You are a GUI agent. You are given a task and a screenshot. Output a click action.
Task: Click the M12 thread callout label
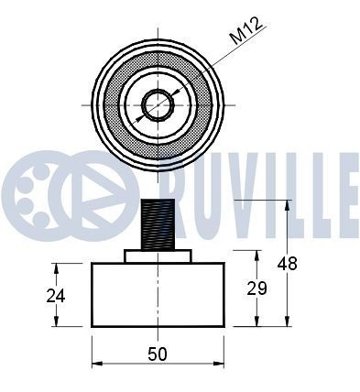pos(246,30)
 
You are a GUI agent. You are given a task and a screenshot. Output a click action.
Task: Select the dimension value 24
pos(56,296)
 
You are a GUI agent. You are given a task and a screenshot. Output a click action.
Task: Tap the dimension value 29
pos(256,288)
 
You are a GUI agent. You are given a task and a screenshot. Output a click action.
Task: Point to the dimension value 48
pos(287,264)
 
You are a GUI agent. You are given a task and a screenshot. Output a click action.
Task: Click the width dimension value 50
pos(158,354)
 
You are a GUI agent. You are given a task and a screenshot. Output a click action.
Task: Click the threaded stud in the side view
pos(158,224)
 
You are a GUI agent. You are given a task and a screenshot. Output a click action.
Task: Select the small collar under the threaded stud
pos(158,256)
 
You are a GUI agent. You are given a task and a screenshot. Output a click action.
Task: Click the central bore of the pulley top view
pos(158,105)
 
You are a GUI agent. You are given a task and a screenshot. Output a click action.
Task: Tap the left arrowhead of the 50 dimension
pos(97,364)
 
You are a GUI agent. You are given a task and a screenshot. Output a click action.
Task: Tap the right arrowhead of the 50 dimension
pos(219,364)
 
